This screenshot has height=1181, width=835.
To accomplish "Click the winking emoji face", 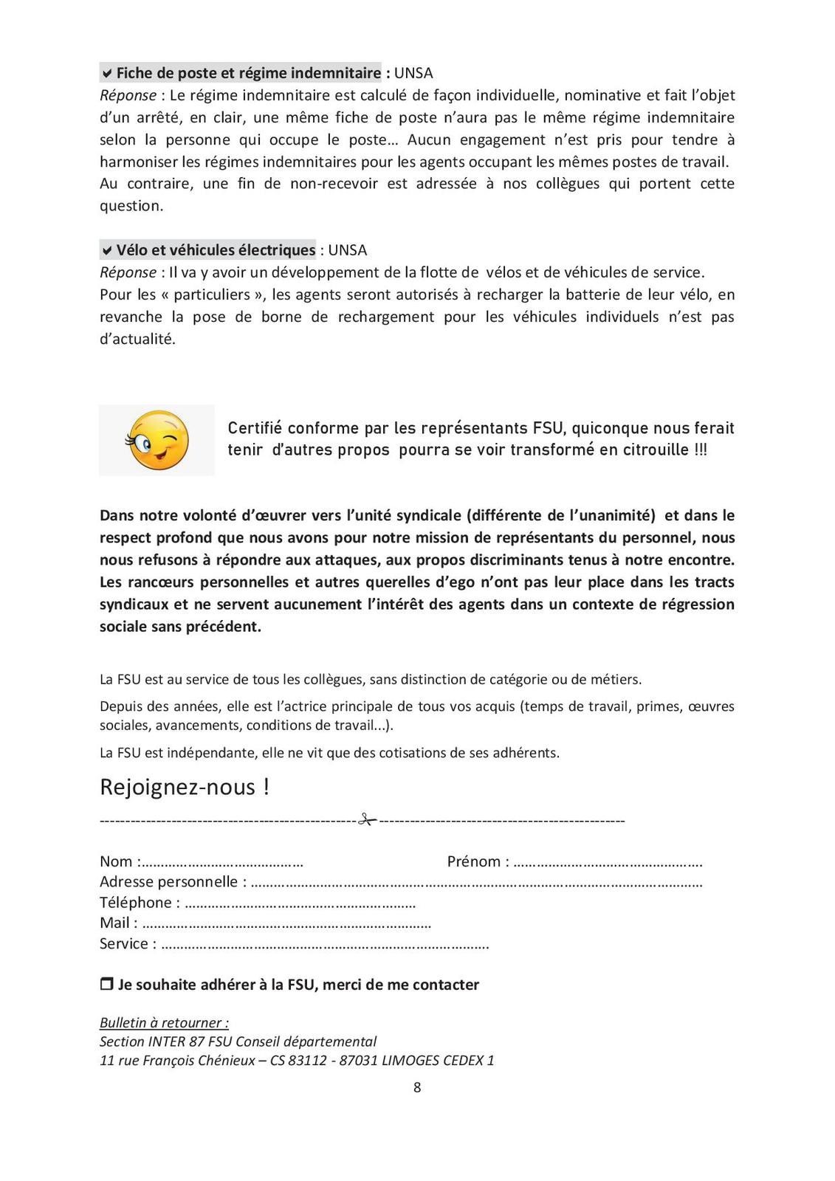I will tap(157, 440).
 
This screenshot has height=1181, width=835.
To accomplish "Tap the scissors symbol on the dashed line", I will tap(367, 819).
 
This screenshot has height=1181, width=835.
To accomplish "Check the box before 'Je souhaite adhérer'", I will tap(106, 985).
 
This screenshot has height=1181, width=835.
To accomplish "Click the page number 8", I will tap(417, 1087).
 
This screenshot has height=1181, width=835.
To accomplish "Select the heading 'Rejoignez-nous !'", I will tap(185, 787).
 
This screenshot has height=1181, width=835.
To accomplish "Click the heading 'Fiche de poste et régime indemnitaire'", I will tap(248, 73).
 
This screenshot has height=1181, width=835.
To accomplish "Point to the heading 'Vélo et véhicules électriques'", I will tap(216, 250).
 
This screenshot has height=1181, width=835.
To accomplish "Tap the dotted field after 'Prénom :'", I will tap(608, 863).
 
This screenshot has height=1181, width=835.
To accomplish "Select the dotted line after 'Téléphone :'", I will tap(300, 904).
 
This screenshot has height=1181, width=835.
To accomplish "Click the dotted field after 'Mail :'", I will tap(286, 924).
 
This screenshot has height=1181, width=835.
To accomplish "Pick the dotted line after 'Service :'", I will tap(325, 945).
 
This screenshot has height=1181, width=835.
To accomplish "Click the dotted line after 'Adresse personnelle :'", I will tap(476, 884).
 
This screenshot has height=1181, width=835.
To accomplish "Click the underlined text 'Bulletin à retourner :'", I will tap(164, 1022).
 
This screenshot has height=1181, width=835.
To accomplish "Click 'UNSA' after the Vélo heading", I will tap(347, 250).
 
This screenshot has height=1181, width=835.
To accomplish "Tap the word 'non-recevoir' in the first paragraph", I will tap(334, 184).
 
